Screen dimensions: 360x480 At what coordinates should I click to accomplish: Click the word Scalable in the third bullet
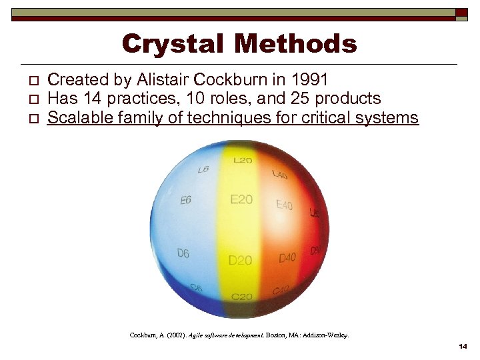[x=79, y=119]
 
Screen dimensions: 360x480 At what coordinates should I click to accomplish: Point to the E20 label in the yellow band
[x=241, y=199]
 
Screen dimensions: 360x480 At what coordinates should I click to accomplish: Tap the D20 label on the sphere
[x=241, y=260]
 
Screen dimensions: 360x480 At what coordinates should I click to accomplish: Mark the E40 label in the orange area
[x=285, y=205]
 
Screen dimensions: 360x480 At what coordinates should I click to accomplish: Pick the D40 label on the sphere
[x=287, y=257]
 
